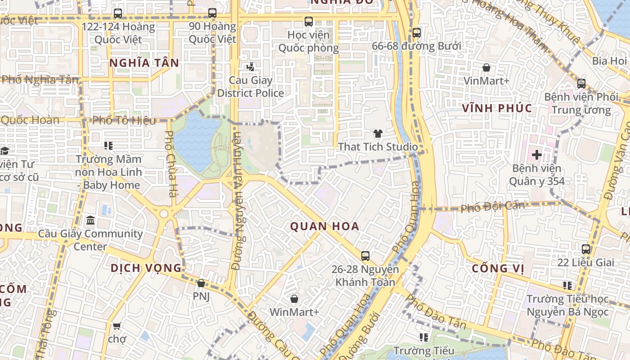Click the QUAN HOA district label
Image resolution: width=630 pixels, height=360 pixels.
[324, 226]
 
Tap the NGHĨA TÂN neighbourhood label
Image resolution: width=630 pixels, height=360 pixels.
[144, 63]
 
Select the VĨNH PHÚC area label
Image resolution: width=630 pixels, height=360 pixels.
[497, 108]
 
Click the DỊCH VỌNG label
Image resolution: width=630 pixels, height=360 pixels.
[146, 268]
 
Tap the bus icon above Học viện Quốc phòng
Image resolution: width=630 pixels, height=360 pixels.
[309, 21]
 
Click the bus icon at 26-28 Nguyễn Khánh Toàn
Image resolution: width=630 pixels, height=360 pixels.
[365, 256]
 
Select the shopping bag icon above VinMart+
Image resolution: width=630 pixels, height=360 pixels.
[486, 68]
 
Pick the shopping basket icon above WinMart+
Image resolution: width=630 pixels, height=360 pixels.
[294, 299]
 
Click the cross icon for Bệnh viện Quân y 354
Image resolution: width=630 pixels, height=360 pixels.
[536, 155]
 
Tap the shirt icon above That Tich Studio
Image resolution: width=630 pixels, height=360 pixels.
[378, 134]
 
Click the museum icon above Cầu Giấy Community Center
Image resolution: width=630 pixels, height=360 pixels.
[90, 220]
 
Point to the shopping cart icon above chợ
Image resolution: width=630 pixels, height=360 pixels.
[117, 325]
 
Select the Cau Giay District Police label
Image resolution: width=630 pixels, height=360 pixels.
[251, 87]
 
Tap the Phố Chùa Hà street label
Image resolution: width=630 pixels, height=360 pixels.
[170, 164]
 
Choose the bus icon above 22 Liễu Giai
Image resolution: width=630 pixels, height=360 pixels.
[586, 249]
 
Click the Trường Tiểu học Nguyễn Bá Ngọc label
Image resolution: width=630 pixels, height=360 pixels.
[567, 305]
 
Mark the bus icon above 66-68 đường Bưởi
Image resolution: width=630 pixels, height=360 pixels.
[417, 32]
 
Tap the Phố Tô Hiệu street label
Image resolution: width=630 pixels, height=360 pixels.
[124, 121]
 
